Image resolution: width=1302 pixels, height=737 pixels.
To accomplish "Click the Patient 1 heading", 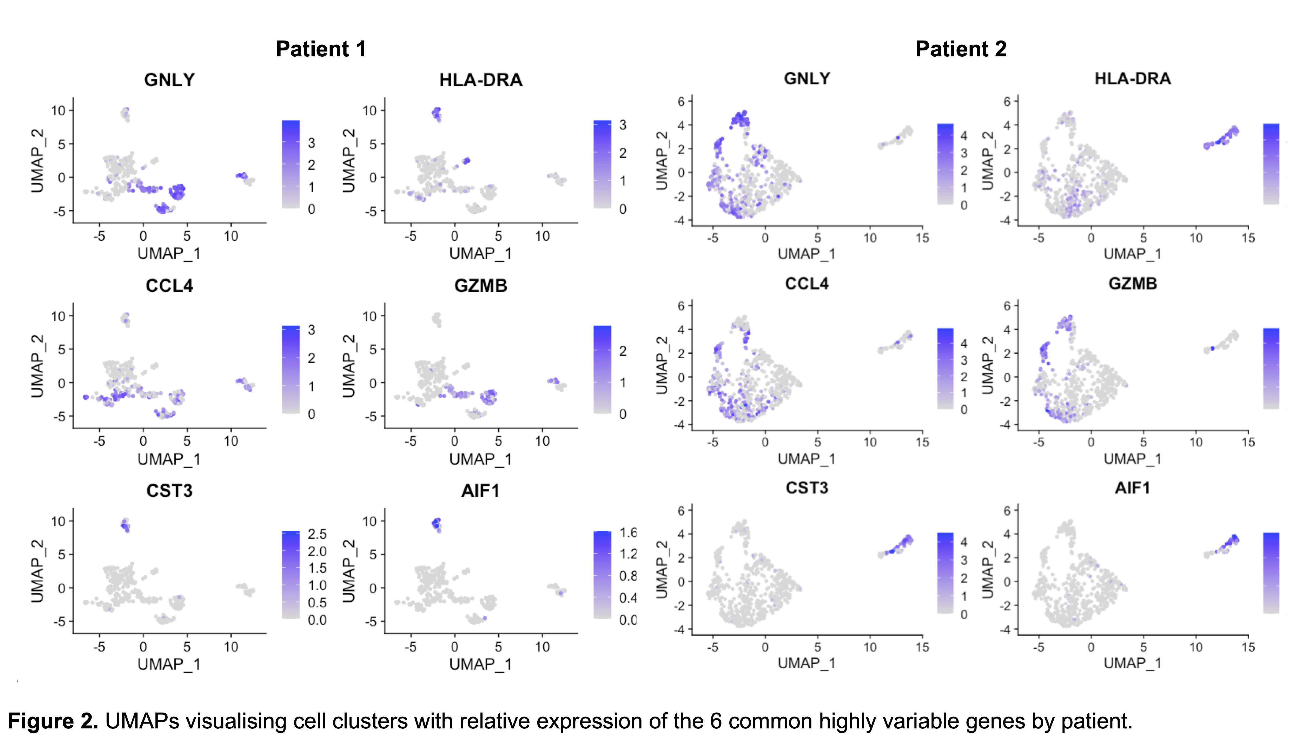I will (x=321, y=49).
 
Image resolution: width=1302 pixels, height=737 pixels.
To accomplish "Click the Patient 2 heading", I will (x=961, y=49).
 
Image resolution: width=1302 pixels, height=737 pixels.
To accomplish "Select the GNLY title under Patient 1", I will (x=169, y=80).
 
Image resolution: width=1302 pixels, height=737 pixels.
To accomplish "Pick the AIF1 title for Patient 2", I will (x=1133, y=488).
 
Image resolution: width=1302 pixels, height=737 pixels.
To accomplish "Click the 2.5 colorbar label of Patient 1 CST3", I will (x=317, y=534).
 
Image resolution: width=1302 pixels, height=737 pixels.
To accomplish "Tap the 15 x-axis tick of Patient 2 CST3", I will (x=922, y=647).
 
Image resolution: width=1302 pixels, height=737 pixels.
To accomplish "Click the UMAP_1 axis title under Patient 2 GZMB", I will (x=1133, y=459).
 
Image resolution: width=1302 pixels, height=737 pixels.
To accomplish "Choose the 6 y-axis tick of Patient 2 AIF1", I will (x=1007, y=511).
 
